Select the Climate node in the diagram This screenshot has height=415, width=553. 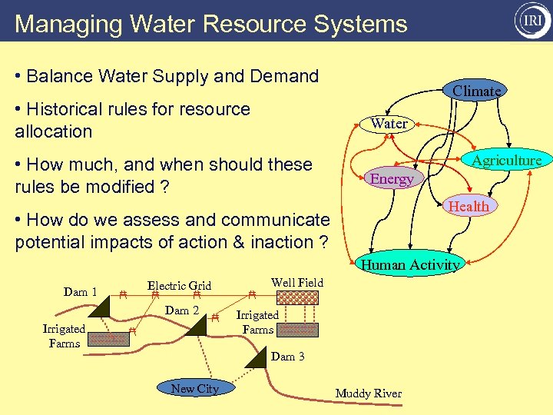coord(476,91)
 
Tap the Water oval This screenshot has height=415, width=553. coord(389,123)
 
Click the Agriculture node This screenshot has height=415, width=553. coord(506,160)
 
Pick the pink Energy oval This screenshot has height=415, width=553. coord(392,179)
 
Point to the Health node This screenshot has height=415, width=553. coord(469,206)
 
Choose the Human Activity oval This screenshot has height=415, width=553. coord(410,265)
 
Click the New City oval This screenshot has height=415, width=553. coord(194,389)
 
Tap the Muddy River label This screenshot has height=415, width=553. coord(368,393)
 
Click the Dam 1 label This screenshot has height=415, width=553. coord(80,292)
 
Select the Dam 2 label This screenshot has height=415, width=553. coord(183,310)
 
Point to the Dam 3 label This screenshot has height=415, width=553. coord(287,357)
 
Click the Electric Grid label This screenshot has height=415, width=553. coord(179,286)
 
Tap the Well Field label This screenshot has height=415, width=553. coord(297,283)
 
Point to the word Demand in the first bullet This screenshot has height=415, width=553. coord(285,76)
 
